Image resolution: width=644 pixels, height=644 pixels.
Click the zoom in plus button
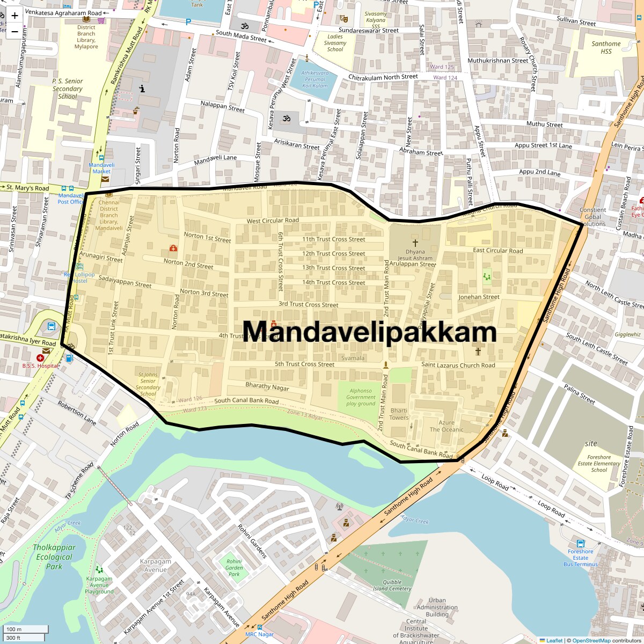pyautogui.click(x=14, y=16)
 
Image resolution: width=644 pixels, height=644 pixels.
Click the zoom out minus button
pyautogui.click(x=14, y=31)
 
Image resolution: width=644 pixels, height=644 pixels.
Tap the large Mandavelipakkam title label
pyautogui.click(x=369, y=332)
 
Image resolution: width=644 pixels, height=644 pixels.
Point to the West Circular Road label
pyautogui.click(x=273, y=221)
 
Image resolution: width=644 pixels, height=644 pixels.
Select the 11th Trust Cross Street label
pyautogui.click(x=333, y=239)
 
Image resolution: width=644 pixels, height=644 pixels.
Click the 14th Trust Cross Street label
pyautogui.click(x=333, y=282)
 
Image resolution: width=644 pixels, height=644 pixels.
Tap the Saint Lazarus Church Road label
pyautogui.click(x=458, y=365)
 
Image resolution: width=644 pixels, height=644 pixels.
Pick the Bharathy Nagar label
pyautogui.click(x=267, y=386)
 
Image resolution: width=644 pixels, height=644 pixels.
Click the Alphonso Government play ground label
pyautogui.click(x=361, y=397)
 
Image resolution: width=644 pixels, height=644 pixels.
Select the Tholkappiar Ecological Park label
pyautogui.click(x=54, y=557)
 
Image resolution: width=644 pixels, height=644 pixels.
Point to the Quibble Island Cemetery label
pyautogui.click(x=392, y=585)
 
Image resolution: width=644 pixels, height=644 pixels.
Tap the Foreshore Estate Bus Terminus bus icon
pyautogui.click(x=580, y=543)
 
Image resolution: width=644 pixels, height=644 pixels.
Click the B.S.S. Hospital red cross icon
pyautogui.click(x=40, y=357)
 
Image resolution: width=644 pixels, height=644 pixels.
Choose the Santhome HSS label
pyautogui.click(x=606, y=47)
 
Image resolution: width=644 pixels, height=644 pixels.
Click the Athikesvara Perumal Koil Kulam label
pyautogui.click(x=314, y=79)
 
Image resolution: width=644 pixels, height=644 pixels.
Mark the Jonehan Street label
pyautogui.click(x=479, y=297)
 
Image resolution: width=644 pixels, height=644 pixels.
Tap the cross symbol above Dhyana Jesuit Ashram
pyautogui.click(x=415, y=243)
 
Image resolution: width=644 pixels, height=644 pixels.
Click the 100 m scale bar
pyautogui.click(x=26, y=629)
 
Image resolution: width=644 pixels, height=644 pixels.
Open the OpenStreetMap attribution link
pyautogui.click(x=591, y=640)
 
